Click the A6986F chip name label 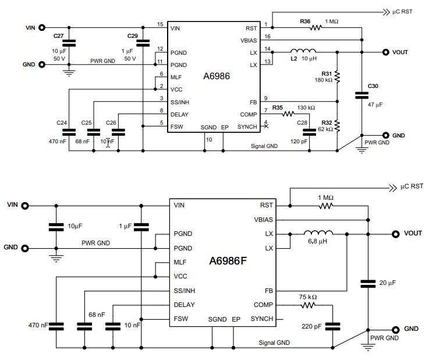228,261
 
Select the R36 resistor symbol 316,27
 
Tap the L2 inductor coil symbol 303,51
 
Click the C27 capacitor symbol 69,43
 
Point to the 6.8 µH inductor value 318,242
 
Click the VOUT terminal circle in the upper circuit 386,52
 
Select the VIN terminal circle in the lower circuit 25,206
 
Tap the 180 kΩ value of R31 324,80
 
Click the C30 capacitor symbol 361,96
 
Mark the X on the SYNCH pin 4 266,126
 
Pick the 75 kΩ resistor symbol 308,305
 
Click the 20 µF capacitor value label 388,283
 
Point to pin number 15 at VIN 160,24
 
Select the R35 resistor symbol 288,114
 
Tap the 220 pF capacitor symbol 333,326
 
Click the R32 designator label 327,123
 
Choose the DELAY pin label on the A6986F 184,305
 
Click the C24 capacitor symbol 69,132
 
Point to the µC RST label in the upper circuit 402,12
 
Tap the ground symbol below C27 69,73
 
